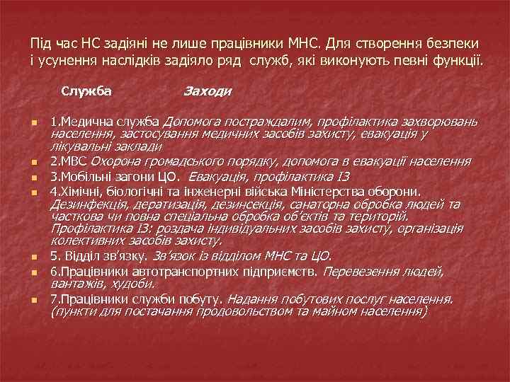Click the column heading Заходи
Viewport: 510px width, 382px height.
click(x=208, y=91)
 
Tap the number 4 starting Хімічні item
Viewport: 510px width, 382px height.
click(x=53, y=190)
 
